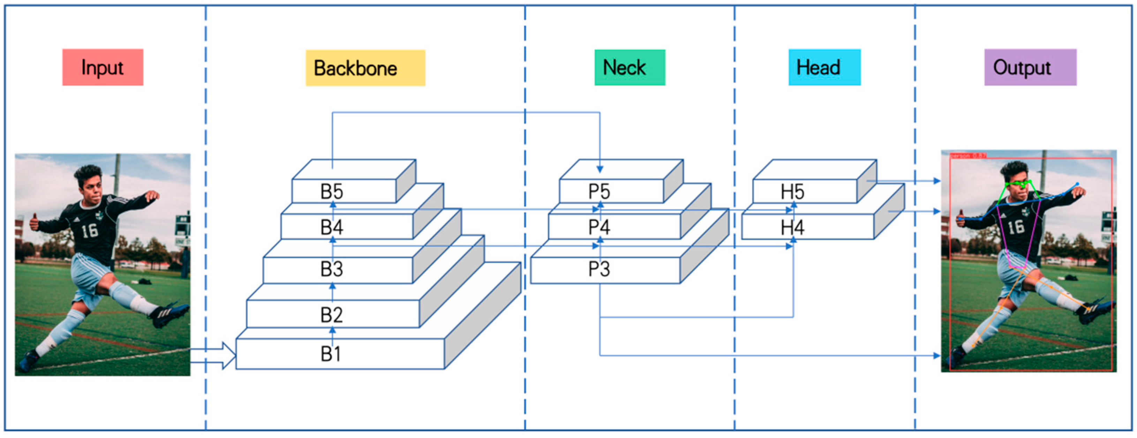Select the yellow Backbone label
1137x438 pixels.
(365, 68)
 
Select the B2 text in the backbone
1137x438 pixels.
(331, 315)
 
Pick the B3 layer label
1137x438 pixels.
(331, 269)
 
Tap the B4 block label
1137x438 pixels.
(331, 228)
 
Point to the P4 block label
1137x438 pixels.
(599, 228)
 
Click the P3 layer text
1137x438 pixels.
(599, 269)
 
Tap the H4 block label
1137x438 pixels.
(792, 228)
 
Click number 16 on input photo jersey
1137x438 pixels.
(90, 230)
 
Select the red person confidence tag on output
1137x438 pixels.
(967, 156)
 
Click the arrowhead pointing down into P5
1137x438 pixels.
(600, 169)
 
